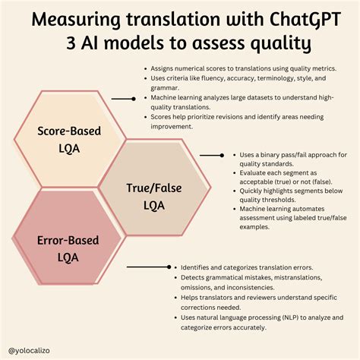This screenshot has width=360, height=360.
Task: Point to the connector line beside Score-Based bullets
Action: [x=124, y=99]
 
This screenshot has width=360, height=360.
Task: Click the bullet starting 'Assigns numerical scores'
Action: [x=244, y=68]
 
